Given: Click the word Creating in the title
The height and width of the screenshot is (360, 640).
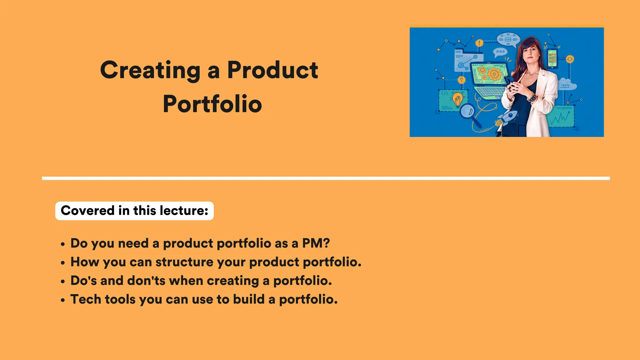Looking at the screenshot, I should point(150,70).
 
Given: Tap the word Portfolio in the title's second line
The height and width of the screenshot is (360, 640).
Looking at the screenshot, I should point(212,104).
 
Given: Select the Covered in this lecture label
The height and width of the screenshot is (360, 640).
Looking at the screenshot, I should point(134,211).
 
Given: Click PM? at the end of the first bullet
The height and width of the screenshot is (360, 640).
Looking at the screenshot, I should point(316,243).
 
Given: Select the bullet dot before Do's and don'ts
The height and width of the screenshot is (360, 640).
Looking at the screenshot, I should point(63,282).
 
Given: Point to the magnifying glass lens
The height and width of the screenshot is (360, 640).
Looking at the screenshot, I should point(467,111).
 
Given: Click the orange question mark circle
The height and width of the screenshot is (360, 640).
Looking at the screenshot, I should point(461,80).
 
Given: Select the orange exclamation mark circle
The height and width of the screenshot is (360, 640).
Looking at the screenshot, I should point(479,43).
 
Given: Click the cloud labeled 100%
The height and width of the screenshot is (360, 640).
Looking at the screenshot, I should point(566,85).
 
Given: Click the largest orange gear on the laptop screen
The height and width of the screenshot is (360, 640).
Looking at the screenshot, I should point(494,74).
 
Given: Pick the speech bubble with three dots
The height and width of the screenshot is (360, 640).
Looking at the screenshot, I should point(500,52).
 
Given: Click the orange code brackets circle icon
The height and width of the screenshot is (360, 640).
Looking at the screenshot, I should point(570,59).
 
